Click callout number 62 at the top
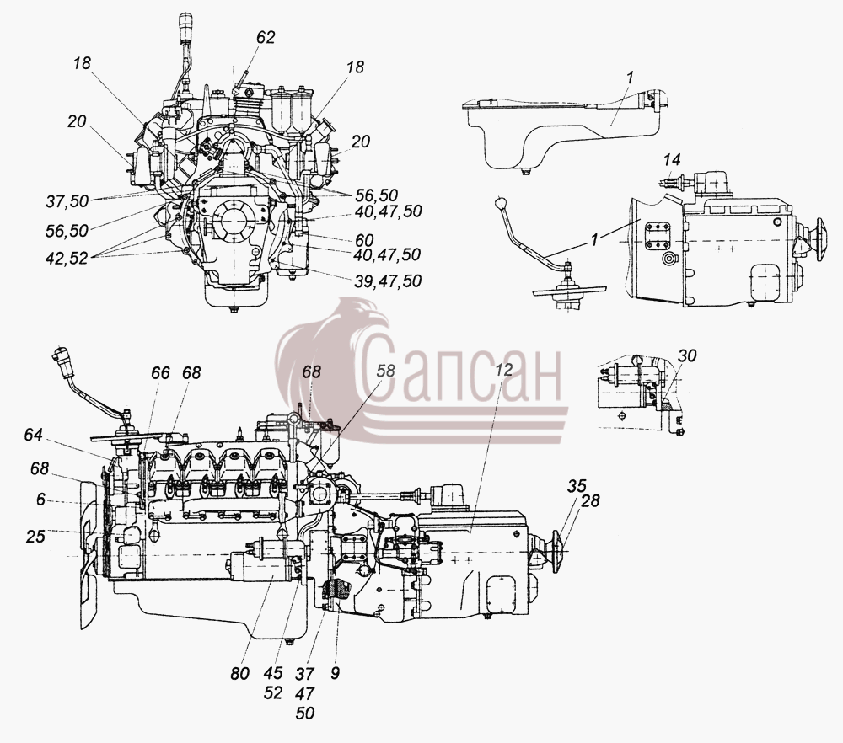point(266,37)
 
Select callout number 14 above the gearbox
point(672,159)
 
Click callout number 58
point(385,371)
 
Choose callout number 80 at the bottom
point(239,673)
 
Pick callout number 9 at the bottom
point(335,673)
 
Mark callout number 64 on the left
point(34,435)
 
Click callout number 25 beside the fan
point(35,536)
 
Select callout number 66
point(160,373)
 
